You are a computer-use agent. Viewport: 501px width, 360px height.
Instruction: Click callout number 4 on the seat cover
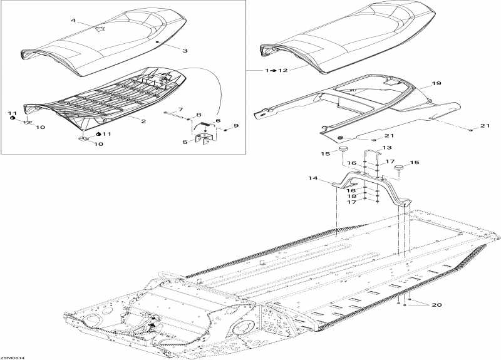click(73, 21)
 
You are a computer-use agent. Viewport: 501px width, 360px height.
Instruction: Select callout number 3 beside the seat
click(185, 51)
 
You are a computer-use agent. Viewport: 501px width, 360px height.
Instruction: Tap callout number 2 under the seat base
click(143, 121)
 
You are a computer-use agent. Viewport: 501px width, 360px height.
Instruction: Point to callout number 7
click(180, 109)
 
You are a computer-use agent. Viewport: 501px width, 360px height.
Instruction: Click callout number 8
click(199, 115)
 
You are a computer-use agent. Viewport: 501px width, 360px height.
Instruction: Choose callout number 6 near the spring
click(218, 120)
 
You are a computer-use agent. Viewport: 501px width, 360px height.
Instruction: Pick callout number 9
click(236, 126)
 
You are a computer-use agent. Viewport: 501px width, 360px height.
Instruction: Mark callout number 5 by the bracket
click(185, 142)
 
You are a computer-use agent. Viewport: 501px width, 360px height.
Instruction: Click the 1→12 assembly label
click(276, 70)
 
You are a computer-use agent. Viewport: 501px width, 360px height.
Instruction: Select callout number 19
click(436, 83)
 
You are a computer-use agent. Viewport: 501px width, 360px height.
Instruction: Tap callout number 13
click(387, 148)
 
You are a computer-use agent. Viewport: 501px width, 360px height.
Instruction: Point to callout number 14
click(313, 178)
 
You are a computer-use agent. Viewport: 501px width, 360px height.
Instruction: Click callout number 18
click(351, 196)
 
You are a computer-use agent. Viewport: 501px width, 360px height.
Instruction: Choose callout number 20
click(436, 305)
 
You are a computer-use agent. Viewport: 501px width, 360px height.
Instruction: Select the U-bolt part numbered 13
click(372, 153)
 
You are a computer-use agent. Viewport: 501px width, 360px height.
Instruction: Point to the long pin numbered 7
click(175, 116)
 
